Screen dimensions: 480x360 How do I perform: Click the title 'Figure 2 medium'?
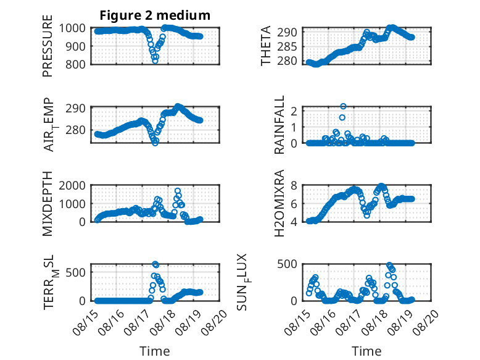(x=155, y=15)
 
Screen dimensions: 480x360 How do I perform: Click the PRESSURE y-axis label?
(x=48, y=46)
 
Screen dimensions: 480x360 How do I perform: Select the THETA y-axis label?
(x=266, y=46)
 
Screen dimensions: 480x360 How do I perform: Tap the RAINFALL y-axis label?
(x=279, y=125)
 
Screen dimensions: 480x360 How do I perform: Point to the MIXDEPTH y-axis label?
(x=48, y=203)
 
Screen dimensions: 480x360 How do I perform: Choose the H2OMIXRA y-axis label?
(x=279, y=203)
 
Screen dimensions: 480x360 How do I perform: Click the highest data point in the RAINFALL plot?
(x=343, y=106)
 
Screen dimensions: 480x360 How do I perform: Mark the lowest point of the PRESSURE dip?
(x=155, y=61)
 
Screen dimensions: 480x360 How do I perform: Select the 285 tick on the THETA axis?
(x=287, y=46)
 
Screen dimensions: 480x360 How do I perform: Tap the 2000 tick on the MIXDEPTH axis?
(x=72, y=185)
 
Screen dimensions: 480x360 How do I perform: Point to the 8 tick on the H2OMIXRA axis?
(x=294, y=185)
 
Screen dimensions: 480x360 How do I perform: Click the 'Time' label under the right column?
(x=366, y=351)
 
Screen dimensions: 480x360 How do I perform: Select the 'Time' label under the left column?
(x=155, y=351)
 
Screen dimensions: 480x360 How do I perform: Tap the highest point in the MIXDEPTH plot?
(x=178, y=191)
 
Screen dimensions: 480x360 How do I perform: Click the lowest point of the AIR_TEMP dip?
(x=155, y=143)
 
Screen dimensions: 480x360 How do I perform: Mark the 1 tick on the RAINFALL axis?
(x=294, y=127)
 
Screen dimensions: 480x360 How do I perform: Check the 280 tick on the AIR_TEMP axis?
(x=76, y=130)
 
